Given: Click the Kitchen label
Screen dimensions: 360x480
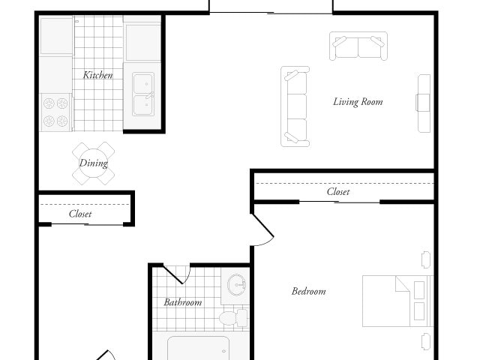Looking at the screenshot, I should pos(98,75).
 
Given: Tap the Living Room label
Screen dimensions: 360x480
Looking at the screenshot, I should pos(358,102).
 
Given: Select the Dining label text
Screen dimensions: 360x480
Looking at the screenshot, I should pos(94,163).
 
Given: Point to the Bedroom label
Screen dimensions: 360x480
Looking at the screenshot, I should pos(308,291).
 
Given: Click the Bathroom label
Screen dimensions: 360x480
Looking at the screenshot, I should pos(183,302).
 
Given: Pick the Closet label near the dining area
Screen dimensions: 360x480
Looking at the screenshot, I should pos(80,214).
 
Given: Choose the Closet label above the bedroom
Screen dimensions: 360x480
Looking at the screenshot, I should pos(338,192).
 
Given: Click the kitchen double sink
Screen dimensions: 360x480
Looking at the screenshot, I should pos(143,94).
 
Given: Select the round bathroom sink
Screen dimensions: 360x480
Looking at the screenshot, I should pos(237,286).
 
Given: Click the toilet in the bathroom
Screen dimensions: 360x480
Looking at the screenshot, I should pos(233,318).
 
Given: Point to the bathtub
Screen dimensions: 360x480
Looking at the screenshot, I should pos(198,348).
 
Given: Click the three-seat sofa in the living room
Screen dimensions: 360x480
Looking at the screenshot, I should pos(295,106).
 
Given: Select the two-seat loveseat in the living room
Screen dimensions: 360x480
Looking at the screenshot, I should pos(358,46).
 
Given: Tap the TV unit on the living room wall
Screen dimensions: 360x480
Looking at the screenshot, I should pos(424,102).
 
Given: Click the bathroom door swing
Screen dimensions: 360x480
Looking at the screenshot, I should pos(177,274).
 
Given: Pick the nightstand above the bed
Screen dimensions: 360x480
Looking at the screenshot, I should pos(426,259).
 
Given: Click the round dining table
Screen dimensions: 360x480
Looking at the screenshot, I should pos(94,163).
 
